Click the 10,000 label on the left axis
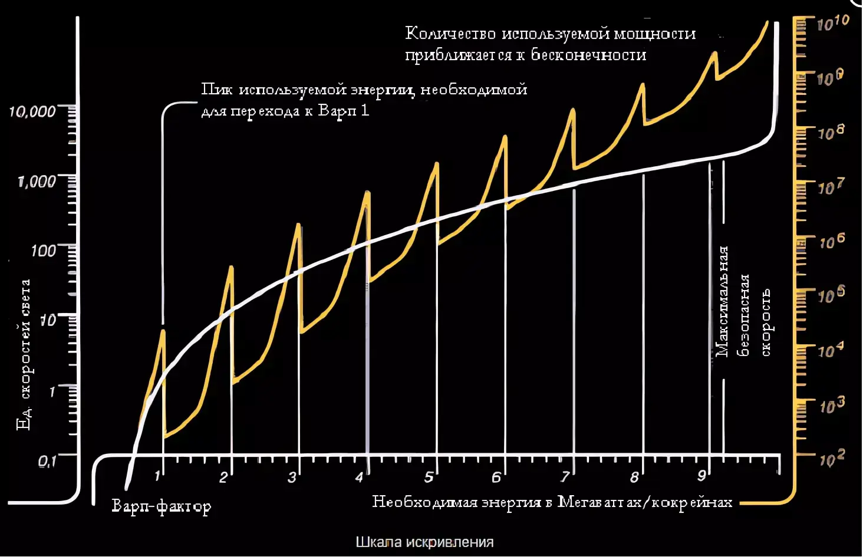pos(32,111)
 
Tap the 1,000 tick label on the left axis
pos(37,181)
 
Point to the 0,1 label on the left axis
pos(47,462)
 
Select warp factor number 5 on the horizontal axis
pos(429,476)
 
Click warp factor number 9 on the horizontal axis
pos(701,475)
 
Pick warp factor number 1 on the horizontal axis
pos(157,475)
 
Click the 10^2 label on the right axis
pos(832,458)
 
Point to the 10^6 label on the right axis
pos(832,241)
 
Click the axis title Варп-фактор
pos(161,506)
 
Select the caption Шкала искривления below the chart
pos(424,542)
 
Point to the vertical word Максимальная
pos(722,301)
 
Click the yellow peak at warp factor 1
pos(163,331)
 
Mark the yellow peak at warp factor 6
pos(505,137)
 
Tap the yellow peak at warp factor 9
pos(714,53)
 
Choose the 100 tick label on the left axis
pos(43,251)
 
